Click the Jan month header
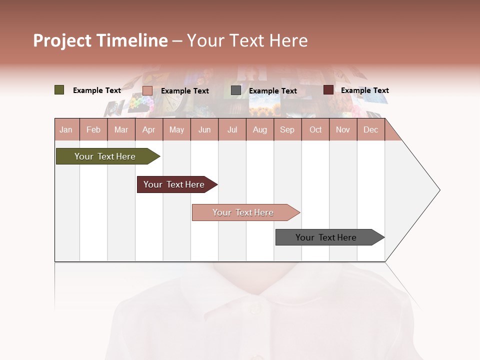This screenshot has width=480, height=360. point(66,129)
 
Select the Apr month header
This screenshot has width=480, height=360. point(148,129)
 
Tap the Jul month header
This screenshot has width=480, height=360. point(232,129)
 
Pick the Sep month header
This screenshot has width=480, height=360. point(287,129)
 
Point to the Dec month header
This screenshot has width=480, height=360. point(370,129)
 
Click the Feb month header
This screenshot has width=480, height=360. point(93,129)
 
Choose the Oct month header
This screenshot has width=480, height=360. point(315,129)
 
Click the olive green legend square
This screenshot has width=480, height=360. point(59,90)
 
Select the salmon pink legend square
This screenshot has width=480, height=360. point(147,90)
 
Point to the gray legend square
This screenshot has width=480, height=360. point(236,90)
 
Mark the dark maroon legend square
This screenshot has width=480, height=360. point(328,90)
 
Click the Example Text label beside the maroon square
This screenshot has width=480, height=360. point(364,90)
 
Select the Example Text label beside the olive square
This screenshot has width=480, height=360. point(97,90)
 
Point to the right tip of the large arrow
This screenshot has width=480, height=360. point(439,190)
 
